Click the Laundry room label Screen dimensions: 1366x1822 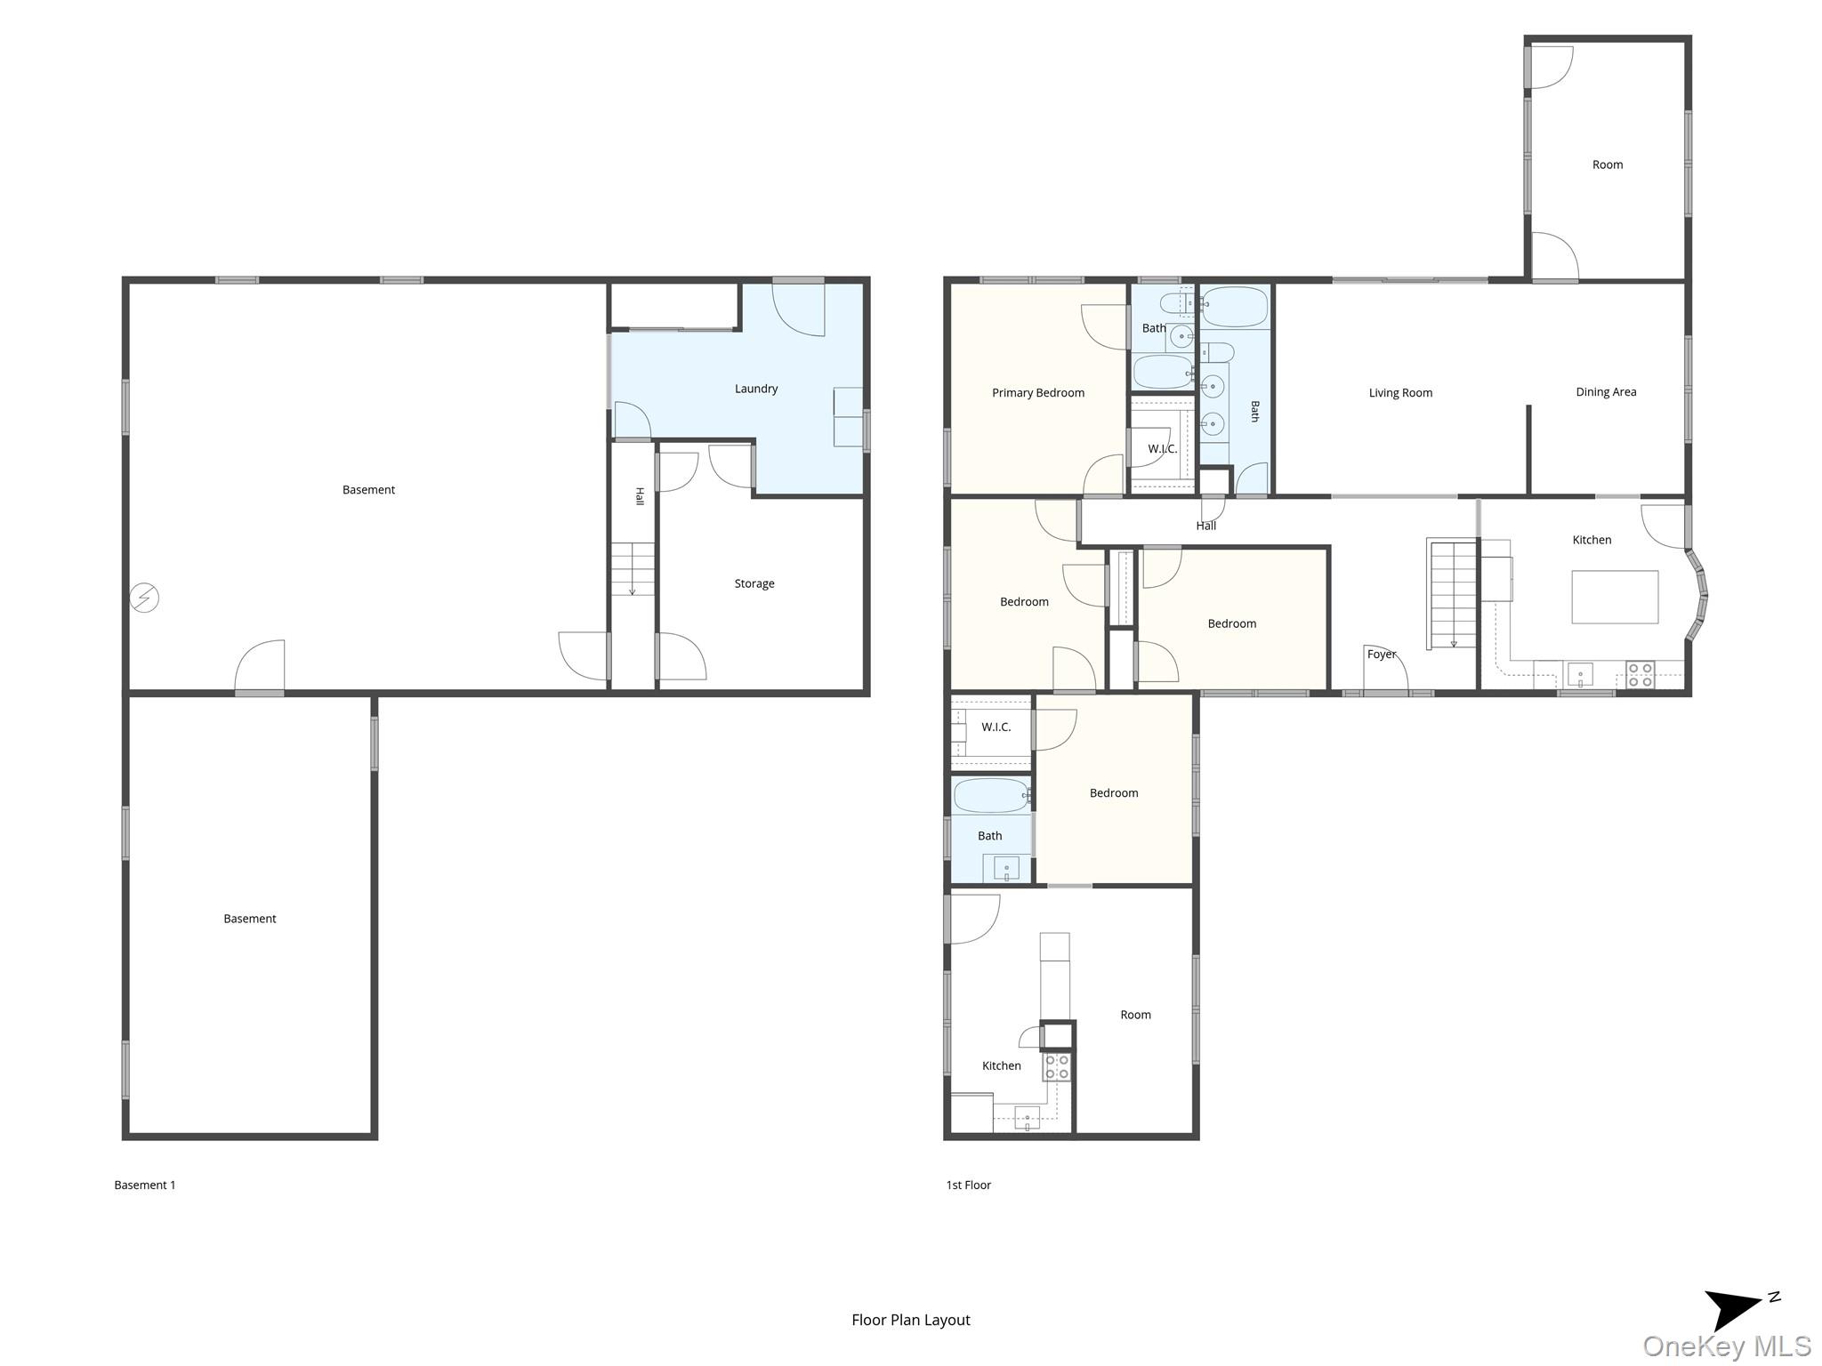point(756,389)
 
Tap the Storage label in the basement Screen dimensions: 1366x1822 point(754,583)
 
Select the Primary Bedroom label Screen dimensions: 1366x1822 point(1038,393)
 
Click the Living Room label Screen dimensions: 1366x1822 point(1400,393)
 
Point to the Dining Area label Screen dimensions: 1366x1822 point(1606,392)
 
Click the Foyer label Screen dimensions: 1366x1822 point(1382,655)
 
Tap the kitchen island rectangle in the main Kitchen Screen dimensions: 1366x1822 point(1615,597)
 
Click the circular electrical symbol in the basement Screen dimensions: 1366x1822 point(145,598)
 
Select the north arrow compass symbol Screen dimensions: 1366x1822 point(1736,1309)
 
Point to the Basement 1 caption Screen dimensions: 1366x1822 point(145,1185)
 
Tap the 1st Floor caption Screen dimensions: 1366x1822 point(968,1185)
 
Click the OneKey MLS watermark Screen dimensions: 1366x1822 point(1726,1346)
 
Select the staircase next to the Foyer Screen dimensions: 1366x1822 point(1452,593)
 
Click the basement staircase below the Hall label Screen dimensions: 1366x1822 point(633,569)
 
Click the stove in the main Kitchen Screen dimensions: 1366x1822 point(1640,675)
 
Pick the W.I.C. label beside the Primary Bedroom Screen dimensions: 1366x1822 point(1162,449)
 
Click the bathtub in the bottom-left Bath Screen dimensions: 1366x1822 point(991,796)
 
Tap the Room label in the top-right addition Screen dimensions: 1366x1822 point(1607,165)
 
